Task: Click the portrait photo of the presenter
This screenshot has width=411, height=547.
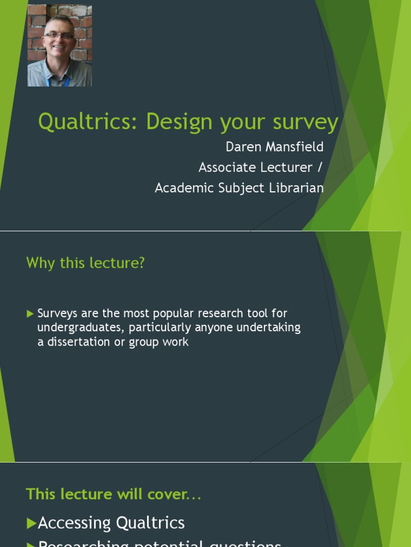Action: click(59, 45)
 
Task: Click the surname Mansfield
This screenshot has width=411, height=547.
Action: click(293, 146)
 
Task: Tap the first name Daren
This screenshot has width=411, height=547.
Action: click(242, 146)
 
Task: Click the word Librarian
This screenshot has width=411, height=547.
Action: click(296, 188)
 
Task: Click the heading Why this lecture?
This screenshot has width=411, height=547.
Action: click(86, 263)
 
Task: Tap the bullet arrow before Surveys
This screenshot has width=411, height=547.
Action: click(30, 314)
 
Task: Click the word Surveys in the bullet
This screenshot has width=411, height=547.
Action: click(57, 314)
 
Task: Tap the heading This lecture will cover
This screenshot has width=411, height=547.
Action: click(113, 494)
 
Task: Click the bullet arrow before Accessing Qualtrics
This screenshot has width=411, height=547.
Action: click(32, 523)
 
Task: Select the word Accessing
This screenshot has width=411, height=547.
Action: click(74, 523)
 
